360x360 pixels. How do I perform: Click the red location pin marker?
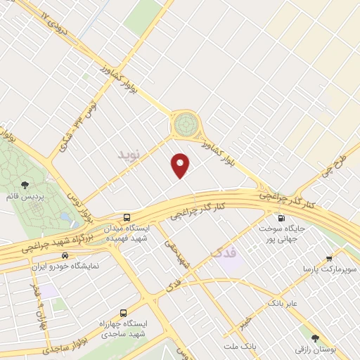(x=181, y=165)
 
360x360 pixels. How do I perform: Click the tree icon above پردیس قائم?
(x=25, y=185)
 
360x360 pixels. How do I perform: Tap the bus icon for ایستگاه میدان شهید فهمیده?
(x=127, y=218)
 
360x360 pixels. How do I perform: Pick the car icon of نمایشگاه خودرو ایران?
(x=65, y=256)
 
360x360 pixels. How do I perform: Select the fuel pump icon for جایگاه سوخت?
(x=281, y=218)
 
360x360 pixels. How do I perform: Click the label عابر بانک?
(x=283, y=304)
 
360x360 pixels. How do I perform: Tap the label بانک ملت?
(x=241, y=347)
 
